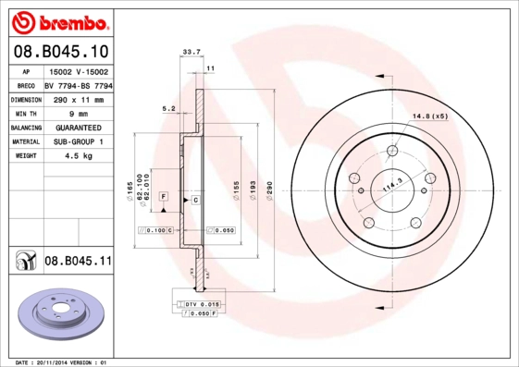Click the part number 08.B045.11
78,262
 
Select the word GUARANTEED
77,128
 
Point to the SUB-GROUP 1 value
77,141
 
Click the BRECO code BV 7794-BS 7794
79,85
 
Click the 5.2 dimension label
168,108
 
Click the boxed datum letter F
164,197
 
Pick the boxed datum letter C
196,200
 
